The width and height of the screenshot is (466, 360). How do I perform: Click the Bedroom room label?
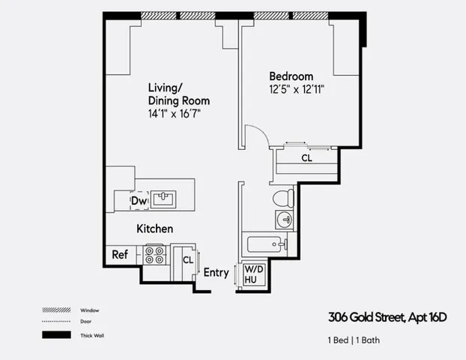pyautogui.click(x=291, y=76)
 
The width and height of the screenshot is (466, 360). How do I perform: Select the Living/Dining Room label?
pyautogui.click(x=178, y=94)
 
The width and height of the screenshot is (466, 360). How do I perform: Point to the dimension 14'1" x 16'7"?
pyautogui.click(x=175, y=113)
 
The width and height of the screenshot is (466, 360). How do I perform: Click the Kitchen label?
pyautogui.click(x=155, y=228)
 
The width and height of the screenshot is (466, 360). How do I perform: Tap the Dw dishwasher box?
pyautogui.click(x=139, y=200)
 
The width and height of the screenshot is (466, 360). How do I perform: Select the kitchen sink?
pyautogui.click(x=163, y=199)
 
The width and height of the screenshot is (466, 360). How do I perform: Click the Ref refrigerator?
pyautogui.click(x=120, y=255)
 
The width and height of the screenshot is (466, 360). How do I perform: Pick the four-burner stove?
pyautogui.click(x=154, y=255)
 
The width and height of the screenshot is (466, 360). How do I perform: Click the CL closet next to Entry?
pyautogui.click(x=187, y=259)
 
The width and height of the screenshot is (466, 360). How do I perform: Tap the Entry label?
pyautogui.click(x=217, y=273)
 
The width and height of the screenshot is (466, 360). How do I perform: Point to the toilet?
pyautogui.click(x=282, y=198)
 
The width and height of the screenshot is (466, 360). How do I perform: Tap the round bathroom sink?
pyautogui.click(x=282, y=220)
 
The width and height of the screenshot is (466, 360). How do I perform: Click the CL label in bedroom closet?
pyautogui.click(x=306, y=158)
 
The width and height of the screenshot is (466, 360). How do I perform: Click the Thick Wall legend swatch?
pyautogui.click(x=55, y=335)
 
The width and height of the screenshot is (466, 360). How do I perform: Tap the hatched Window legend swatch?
pyautogui.click(x=55, y=310)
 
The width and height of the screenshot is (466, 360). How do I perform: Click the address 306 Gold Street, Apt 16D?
pyautogui.click(x=387, y=317)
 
